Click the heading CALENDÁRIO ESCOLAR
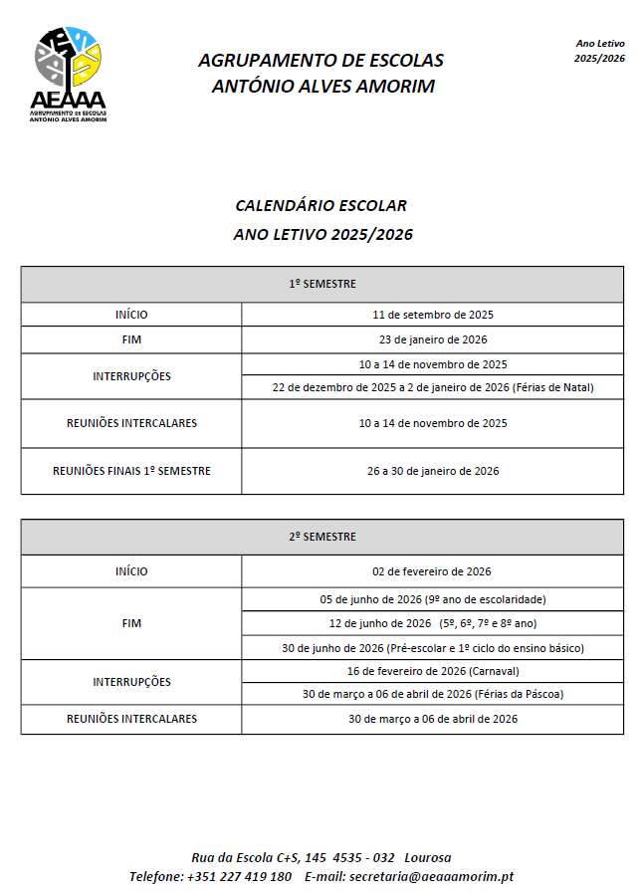click(x=321, y=206)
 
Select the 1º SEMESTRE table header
click(x=321, y=284)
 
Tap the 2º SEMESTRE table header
click(x=321, y=537)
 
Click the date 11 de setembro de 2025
click(x=432, y=315)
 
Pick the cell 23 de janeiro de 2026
click(x=432, y=339)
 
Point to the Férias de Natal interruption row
click(x=432, y=387)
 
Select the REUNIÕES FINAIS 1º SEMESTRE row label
click(x=131, y=471)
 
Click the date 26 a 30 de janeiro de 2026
click(x=432, y=471)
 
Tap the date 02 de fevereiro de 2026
click(x=432, y=571)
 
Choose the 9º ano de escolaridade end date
click(x=432, y=599)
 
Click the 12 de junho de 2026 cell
click(x=432, y=623)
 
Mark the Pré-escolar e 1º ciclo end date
click(x=432, y=647)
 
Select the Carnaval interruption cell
click(x=432, y=670)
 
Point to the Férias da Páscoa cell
click(x=432, y=694)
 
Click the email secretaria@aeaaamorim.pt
click(x=429, y=876)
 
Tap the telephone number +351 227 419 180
click(x=239, y=876)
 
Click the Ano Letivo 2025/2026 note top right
click(x=599, y=51)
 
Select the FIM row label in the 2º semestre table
click(x=131, y=623)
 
